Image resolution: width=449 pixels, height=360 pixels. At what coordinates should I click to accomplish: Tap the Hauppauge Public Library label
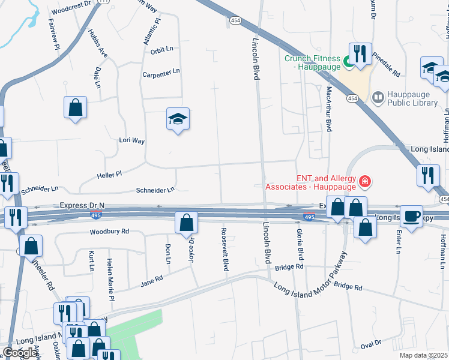414,98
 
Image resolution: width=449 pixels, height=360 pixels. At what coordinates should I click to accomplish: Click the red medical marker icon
364,181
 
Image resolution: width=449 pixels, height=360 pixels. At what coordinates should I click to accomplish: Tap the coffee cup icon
412,215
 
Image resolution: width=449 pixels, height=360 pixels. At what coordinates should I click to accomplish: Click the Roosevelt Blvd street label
226,249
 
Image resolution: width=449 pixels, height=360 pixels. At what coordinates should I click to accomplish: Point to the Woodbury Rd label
109,231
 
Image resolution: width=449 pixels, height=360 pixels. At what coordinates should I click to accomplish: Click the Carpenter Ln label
161,72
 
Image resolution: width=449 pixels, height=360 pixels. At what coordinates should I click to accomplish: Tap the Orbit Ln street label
161,50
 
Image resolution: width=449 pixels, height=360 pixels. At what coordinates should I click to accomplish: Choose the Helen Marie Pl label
110,280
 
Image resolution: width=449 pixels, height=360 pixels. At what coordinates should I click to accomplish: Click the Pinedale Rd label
385,65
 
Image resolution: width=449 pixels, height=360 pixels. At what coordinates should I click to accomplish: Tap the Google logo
20,353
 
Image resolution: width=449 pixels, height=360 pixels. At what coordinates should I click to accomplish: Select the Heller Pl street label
109,174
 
